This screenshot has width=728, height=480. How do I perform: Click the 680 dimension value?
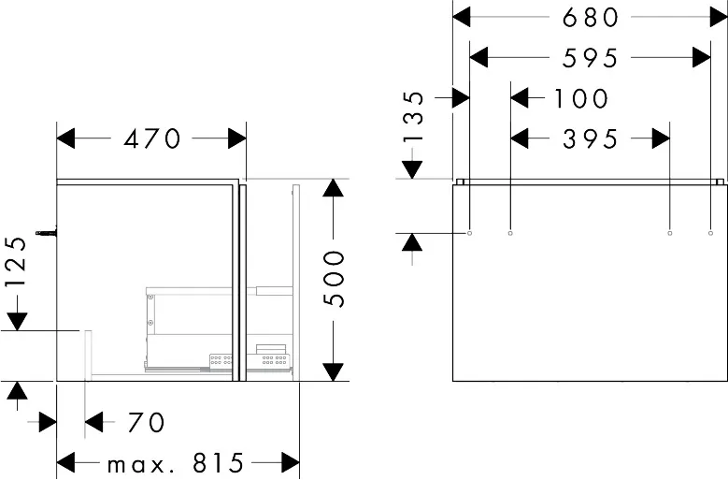point(590,18)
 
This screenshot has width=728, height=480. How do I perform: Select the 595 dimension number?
point(590,58)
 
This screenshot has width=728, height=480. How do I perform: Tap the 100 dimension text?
point(581,98)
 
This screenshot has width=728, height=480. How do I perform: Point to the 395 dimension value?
point(590,138)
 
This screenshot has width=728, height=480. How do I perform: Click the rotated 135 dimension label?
point(414,116)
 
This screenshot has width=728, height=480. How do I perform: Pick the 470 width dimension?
point(151,138)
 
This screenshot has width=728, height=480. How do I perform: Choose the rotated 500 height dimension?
point(335,279)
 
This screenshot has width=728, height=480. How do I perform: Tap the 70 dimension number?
point(146,422)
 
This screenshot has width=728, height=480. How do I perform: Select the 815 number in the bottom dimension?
point(219,462)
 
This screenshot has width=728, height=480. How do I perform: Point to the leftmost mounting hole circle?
point(469,233)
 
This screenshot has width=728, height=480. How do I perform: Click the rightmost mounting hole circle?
point(710,233)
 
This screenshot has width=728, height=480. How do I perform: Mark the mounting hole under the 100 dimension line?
point(510,233)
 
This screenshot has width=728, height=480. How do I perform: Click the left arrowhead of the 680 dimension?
point(462,18)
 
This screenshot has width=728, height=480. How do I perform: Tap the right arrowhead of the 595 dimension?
point(702,58)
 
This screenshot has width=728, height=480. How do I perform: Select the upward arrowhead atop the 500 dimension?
point(334,188)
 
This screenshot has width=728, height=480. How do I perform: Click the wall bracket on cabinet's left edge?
point(47,232)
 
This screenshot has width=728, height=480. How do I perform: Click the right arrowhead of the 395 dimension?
point(661,138)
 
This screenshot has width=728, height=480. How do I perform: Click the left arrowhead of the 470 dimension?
point(65,138)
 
